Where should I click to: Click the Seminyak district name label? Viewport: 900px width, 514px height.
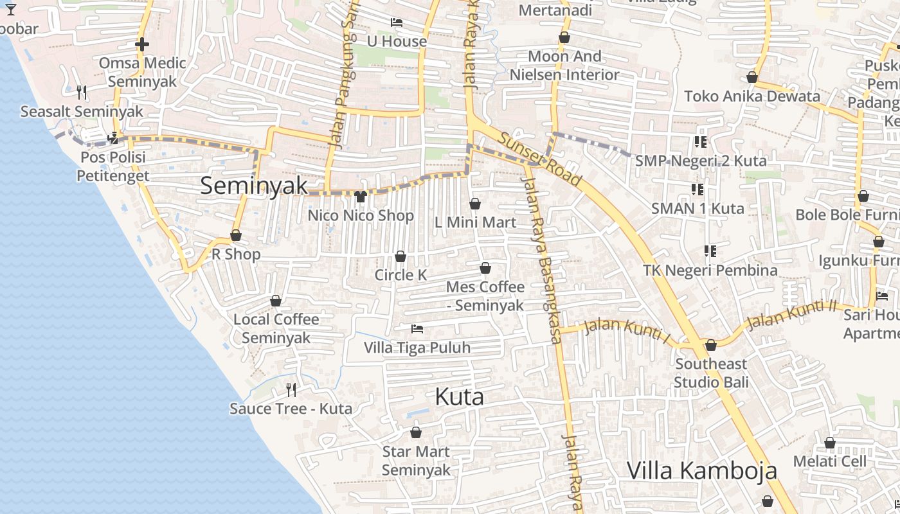pyautogui.click(x=254, y=186)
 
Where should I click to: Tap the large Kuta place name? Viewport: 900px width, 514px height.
pyautogui.click(x=459, y=396)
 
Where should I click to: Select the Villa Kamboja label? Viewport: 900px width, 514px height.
pyautogui.click(x=701, y=470)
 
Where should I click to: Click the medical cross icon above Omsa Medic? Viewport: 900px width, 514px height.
pyautogui.click(x=142, y=44)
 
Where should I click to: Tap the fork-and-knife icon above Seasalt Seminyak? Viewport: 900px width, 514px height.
pyautogui.click(x=82, y=93)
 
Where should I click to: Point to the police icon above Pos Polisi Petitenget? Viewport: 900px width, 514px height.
pyautogui.click(x=114, y=137)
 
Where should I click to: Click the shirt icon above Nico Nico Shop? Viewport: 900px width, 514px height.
pyautogui.click(x=360, y=197)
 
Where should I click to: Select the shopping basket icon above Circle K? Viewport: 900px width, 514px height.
pyautogui.click(x=401, y=256)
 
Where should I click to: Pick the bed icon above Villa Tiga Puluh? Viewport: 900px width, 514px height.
pyautogui.click(x=417, y=329)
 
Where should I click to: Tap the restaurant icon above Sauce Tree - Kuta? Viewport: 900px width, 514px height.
pyautogui.click(x=291, y=389)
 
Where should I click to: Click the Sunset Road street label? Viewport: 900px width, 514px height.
pyautogui.click(x=539, y=160)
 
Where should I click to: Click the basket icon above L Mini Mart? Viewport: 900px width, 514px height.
pyautogui.click(x=475, y=204)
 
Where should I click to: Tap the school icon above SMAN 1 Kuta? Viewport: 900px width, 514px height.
pyautogui.click(x=697, y=190)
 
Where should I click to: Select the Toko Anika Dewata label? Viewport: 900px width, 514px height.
pyautogui.click(x=752, y=96)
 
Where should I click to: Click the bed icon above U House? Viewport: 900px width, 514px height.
pyautogui.click(x=397, y=23)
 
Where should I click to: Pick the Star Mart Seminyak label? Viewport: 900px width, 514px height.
pyautogui.click(x=416, y=461)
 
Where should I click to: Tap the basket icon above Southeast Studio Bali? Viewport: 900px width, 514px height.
pyautogui.click(x=711, y=346)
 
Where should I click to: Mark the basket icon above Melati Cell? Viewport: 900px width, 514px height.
pyautogui.click(x=830, y=443)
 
